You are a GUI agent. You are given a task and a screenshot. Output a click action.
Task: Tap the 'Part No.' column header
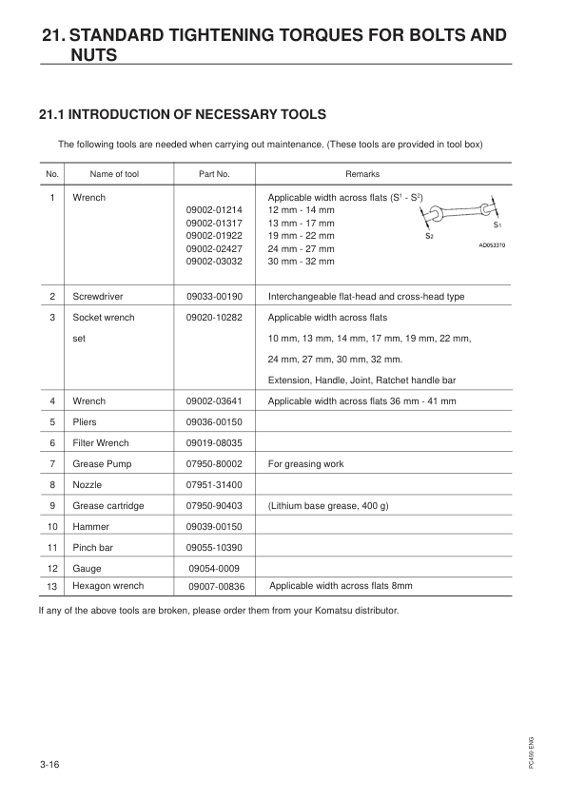pos(214,175)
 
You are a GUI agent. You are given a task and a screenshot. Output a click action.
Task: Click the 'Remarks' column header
pos(361,175)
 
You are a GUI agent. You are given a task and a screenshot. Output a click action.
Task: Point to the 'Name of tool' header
pos(114,175)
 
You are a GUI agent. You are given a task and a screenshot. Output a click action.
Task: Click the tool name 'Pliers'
pos(86,422)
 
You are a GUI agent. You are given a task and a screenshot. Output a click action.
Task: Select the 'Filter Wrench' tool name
pos(101,443)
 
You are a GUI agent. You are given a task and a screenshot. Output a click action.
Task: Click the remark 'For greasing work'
pos(306,464)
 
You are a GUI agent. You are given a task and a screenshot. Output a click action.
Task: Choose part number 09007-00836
pos(216,587)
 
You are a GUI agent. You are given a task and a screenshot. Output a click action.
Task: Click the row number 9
pos(52,506)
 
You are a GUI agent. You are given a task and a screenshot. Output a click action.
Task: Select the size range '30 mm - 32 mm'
pos(302,261)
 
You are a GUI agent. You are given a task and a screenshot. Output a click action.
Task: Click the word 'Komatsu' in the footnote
pos(326,610)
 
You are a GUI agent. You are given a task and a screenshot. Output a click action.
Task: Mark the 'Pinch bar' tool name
pos(93,548)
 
